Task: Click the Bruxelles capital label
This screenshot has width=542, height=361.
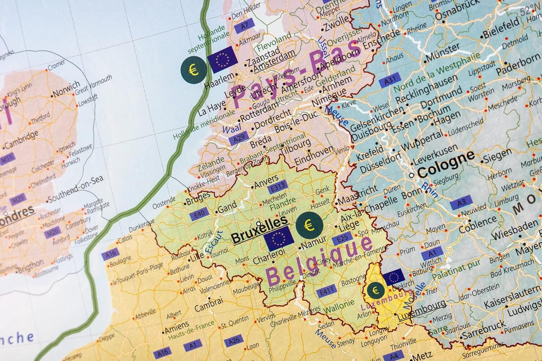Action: pos(259,235)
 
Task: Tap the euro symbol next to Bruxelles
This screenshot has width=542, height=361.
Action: pos(309,225)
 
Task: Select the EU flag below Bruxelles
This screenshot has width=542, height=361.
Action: pos(279,239)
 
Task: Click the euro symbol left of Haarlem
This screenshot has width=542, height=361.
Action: pos(193,70)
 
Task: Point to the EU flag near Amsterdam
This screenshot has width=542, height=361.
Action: pos(222,59)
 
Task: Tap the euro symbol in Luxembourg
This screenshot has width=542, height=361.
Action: pos(375,290)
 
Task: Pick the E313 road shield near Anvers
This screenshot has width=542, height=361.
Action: pos(277,187)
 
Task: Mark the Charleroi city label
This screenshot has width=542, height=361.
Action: pos(266,261)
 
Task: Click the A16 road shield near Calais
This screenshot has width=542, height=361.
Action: pos(110,254)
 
